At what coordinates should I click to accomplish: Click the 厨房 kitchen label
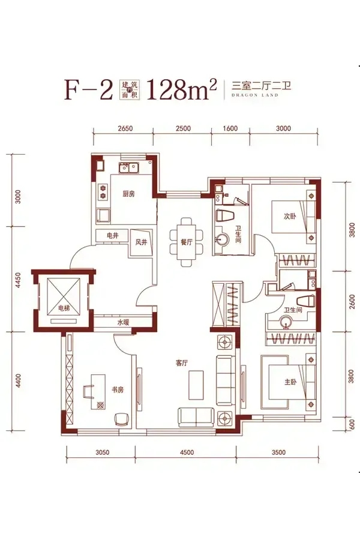click(x=128, y=194)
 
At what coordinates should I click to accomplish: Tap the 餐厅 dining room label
click(x=187, y=242)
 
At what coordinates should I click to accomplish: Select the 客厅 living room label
click(x=182, y=363)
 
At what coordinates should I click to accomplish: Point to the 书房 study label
click(x=118, y=390)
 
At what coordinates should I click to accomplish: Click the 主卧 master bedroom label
click(x=290, y=382)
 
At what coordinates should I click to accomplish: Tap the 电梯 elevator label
click(x=64, y=308)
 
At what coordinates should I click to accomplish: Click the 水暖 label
click(x=123, y=323)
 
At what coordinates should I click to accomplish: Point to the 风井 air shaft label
click(x=141, y=242)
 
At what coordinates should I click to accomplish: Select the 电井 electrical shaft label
click(x=113, y=236)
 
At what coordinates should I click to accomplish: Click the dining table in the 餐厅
click(x=187, y=242)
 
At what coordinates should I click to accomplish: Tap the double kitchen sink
click(x=129, y=167)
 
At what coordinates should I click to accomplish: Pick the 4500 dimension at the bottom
click(x=187, y=452)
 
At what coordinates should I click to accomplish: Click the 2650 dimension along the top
click(x=125, y=128)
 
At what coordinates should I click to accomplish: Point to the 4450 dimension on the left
click(x=18, y=280)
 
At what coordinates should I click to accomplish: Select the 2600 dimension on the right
click(x=352, y=301)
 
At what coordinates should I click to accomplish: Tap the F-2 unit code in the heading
click(x=89, y=89)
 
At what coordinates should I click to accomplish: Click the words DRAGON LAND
click(x=254, y=95)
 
